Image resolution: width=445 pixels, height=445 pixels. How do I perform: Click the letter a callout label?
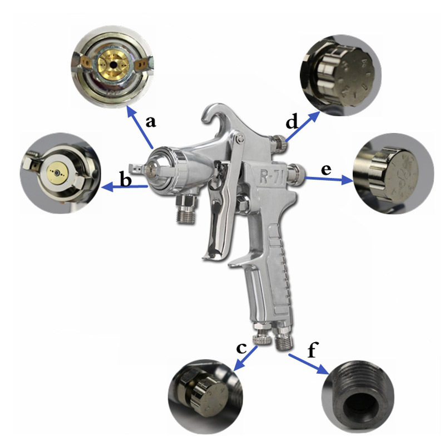151,122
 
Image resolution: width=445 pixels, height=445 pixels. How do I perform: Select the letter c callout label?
241,349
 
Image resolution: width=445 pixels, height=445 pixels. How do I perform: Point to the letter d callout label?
292,121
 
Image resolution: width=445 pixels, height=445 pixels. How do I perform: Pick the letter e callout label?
326,170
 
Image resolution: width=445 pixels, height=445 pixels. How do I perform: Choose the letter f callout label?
313,349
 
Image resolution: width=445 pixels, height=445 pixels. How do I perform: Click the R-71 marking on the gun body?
271,176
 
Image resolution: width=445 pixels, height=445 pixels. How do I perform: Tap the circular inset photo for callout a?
113,67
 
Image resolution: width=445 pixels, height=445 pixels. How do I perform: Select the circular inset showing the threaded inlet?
358,396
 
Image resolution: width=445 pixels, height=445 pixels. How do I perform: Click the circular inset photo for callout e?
393,174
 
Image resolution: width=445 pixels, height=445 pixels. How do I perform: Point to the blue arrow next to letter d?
302,127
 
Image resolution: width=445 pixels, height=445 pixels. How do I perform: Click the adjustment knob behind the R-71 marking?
296,174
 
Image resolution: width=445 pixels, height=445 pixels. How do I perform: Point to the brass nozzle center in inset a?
113,65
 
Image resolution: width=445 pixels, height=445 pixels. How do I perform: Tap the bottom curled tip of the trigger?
207,257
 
